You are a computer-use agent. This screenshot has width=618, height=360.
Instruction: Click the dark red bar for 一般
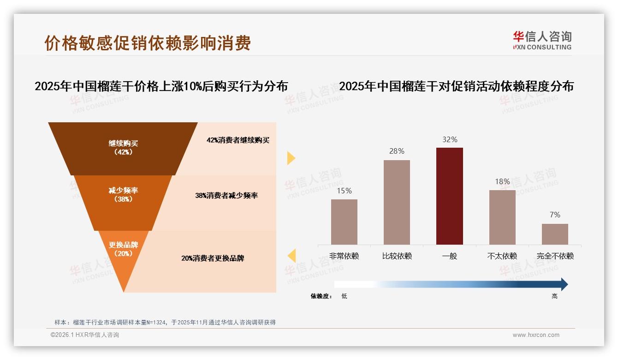449,196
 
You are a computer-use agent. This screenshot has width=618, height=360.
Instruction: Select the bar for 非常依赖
344,222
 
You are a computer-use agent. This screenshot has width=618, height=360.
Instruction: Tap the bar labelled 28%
397,202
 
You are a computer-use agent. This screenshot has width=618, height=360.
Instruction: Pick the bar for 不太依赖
502,217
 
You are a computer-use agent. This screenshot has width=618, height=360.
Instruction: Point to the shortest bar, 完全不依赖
555,234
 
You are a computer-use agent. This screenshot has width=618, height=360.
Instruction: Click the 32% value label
449,139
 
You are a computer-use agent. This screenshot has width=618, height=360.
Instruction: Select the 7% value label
555,215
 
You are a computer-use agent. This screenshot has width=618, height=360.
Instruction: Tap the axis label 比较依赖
397,256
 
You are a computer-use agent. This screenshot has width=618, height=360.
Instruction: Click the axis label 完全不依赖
555,256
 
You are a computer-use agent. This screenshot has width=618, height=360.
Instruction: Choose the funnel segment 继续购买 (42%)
123,148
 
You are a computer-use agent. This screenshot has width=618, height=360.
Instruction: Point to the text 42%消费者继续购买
238,140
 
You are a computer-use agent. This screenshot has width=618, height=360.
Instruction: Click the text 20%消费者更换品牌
213,258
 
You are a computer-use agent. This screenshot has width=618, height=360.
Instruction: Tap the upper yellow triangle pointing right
291,158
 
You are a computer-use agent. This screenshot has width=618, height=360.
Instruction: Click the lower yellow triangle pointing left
292,255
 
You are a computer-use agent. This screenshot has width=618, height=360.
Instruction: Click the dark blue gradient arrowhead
564,284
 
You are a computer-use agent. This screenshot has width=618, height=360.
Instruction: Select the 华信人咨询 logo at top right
542,40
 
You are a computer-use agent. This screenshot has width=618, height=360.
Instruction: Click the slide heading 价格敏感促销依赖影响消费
148,43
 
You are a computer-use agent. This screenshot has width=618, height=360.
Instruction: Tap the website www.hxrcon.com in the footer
536,335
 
